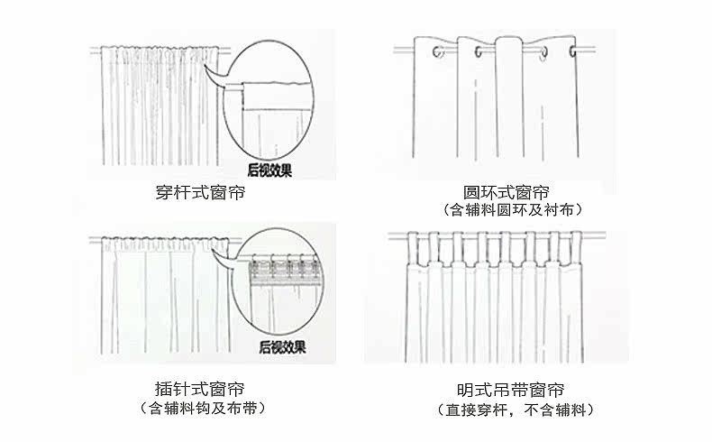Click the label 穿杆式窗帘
(x=199, y=193)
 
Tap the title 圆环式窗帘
(x=506, y=193)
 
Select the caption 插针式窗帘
(x=199, y=390)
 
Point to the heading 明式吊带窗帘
(x=511, y=391)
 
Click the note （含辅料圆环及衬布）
(x=511, y=210)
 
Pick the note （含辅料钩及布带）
(x=204, y=408)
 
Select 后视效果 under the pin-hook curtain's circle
(x=282, y=345)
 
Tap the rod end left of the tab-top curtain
(x=391, y=238)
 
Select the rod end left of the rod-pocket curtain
(x=93, y=49)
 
